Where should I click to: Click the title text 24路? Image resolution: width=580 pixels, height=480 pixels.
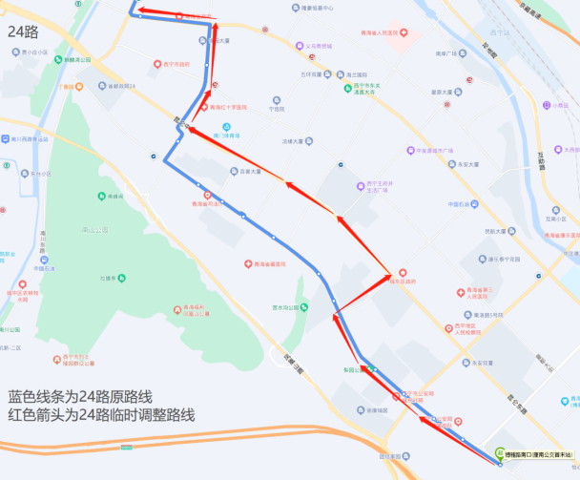pos(23,31)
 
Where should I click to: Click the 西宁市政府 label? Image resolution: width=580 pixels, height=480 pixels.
pos(176,64)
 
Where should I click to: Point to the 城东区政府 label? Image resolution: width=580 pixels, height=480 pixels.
pos(405,281)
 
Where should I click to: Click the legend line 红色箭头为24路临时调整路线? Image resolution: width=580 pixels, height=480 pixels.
pos(101,414)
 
